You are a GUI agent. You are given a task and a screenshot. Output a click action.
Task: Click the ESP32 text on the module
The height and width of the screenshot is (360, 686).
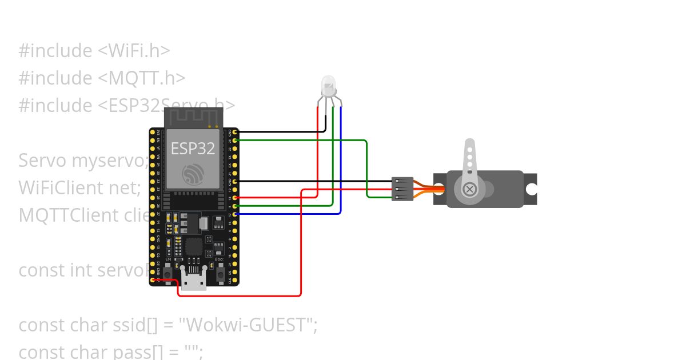193,149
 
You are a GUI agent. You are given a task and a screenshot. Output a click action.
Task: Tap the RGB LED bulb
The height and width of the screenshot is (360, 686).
328,86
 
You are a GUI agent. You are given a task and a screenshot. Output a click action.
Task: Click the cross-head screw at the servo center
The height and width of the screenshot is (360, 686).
469,189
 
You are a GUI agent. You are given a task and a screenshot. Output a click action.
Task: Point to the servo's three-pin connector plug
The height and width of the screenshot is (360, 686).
402,189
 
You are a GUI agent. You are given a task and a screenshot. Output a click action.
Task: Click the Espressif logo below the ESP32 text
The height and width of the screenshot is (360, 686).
193,174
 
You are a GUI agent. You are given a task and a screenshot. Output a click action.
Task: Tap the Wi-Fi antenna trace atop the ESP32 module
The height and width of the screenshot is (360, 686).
193,117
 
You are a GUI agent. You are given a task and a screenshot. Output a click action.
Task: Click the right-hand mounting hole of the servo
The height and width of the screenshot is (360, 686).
532,189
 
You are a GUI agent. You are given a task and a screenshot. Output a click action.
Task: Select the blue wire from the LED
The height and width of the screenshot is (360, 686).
341,166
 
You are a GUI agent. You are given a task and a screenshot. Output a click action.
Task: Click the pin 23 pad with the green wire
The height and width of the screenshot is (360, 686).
235,140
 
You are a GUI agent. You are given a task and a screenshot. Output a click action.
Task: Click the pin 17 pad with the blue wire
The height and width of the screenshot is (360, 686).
235,214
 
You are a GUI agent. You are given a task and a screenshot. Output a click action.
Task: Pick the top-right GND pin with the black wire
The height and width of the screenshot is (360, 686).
235,132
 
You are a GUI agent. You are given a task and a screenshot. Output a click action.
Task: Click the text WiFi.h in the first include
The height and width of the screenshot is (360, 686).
134,50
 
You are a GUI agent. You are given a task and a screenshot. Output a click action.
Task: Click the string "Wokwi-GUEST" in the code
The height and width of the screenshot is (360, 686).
245,325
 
